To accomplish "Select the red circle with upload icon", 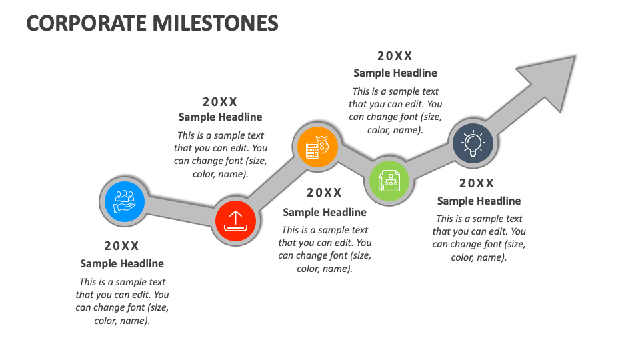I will (235, 220).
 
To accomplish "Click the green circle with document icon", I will (389, 181).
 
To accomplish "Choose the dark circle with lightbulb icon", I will (473, 143).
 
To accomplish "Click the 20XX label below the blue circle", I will (122, 246).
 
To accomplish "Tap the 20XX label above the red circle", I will (220, 102).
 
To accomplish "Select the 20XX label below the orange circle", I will (324, 193).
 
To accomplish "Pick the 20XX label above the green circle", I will (395, 57).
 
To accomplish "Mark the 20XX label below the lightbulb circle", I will (477, 183).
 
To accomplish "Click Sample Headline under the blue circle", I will (122, 263).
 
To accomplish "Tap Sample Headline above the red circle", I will (220, 117).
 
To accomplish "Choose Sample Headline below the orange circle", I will (324, 212).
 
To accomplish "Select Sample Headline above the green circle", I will (395, 73).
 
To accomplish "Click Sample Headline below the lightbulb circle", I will (479, 201).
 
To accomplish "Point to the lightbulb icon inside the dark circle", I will (473, 143).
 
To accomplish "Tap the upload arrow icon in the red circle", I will (235, 220).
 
